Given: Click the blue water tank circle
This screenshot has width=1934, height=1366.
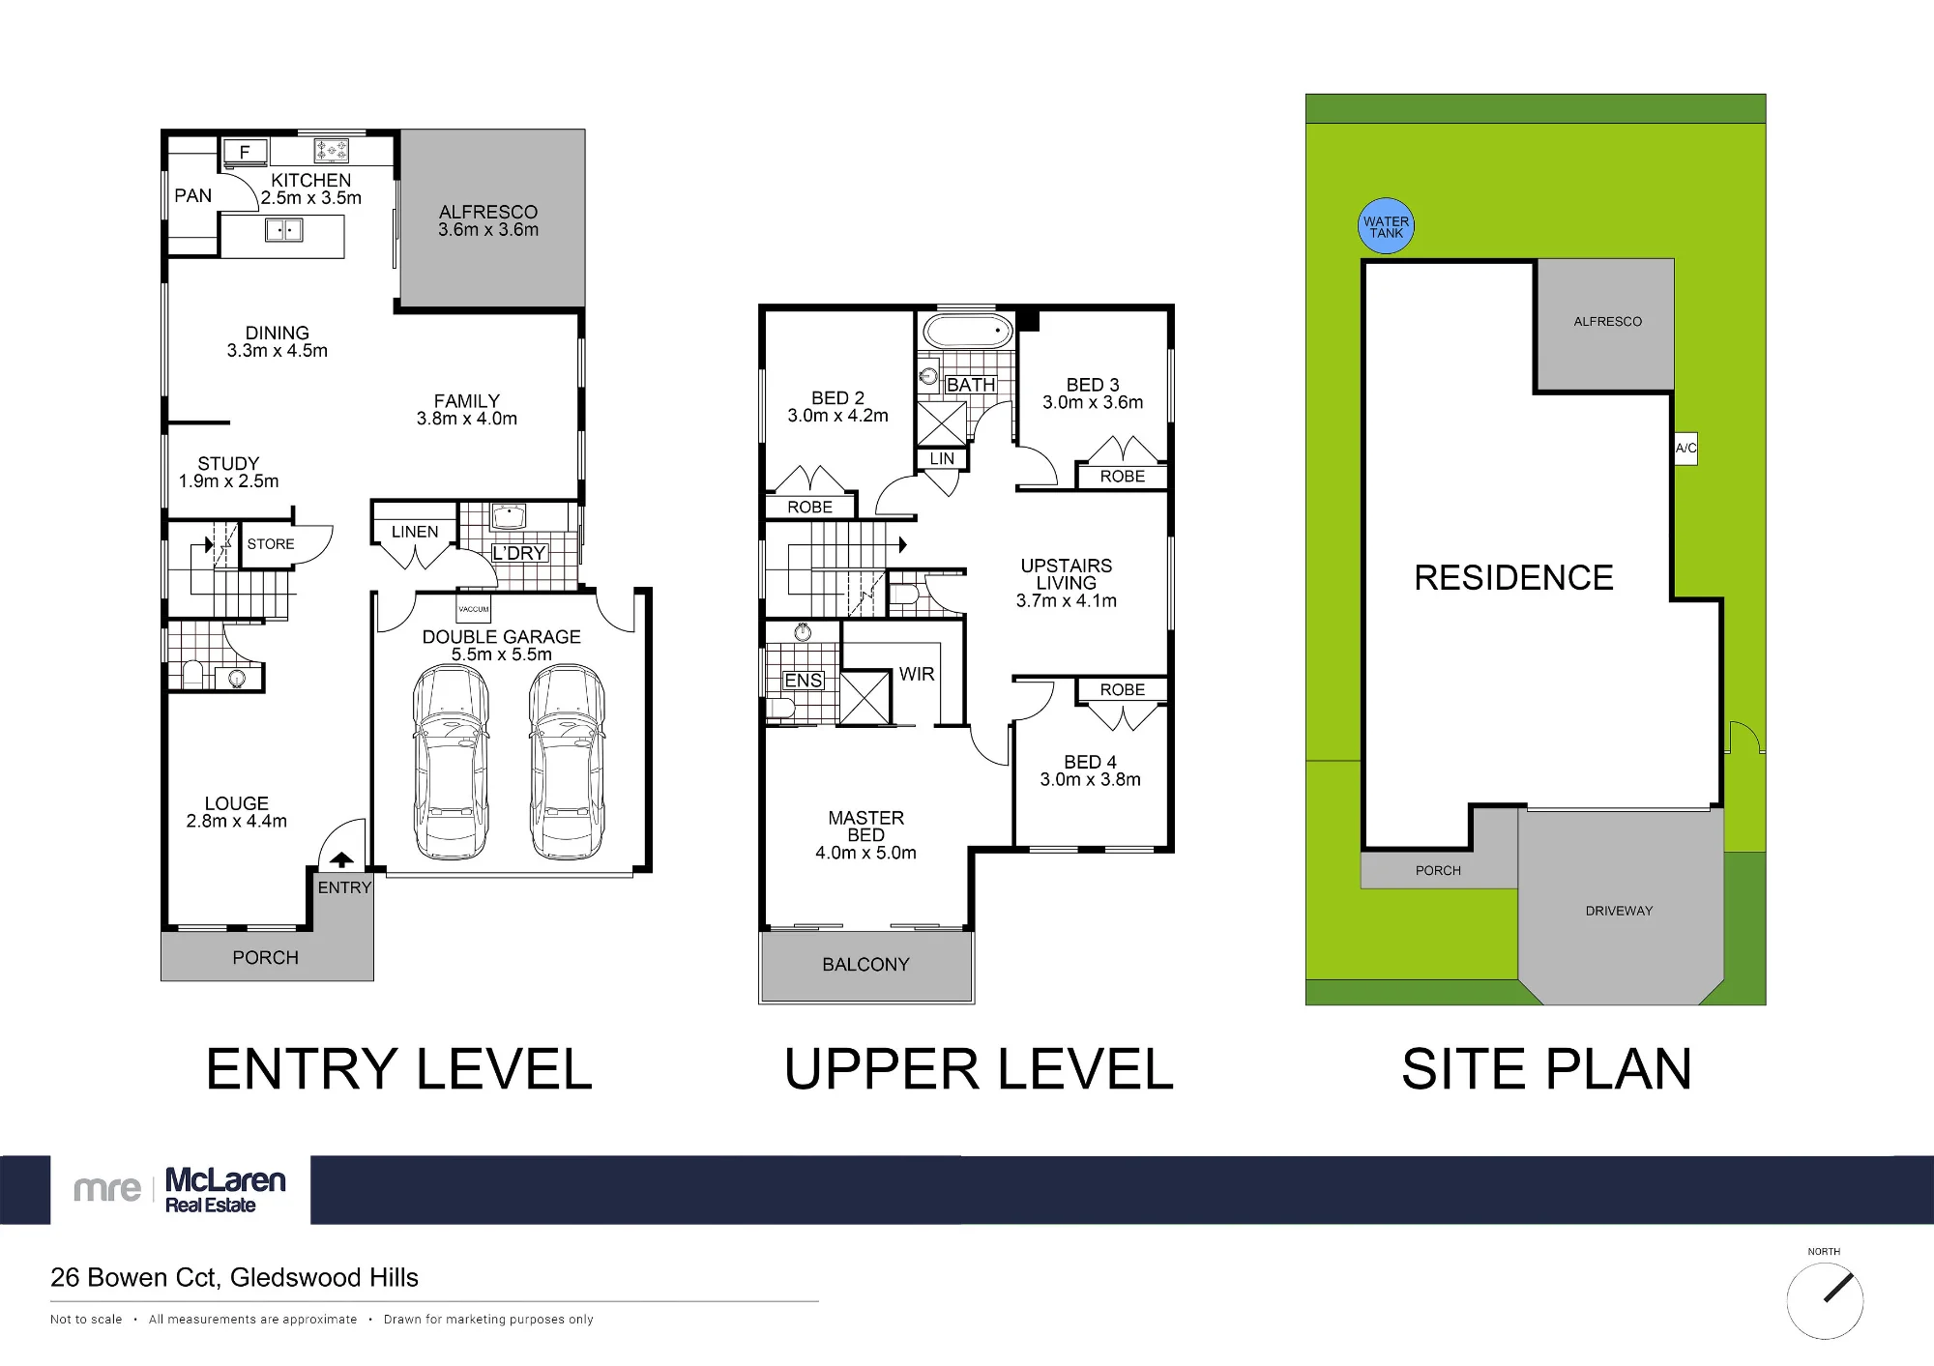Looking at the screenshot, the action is click(1386, 226).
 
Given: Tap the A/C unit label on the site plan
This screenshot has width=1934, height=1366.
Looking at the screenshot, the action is click(1685, 448).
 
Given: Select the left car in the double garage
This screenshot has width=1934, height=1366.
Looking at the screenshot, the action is click(450, 762).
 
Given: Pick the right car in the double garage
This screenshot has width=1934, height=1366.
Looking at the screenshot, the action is click(567, 762).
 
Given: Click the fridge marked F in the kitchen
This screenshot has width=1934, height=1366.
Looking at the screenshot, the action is click(245, 152).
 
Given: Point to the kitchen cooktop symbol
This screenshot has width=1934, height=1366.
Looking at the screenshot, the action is click(331, 151).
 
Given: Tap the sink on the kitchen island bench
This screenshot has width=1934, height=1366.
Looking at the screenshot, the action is click(284, 230).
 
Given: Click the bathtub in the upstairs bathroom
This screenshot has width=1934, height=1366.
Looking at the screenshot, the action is click(967, 331).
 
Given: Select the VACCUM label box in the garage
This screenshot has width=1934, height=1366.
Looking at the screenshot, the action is click(474, 609).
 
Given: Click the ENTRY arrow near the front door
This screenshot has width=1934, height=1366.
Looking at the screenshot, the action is click(341, 859).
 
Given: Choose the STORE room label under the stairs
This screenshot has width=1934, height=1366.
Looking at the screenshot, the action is click(271, 544).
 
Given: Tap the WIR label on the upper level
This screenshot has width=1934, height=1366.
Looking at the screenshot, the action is click(917, 674).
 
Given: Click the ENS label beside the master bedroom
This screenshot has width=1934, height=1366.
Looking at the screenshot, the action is click(804, 681).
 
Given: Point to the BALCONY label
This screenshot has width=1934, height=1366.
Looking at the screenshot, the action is click(865, 965).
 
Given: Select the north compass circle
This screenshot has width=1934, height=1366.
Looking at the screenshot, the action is click(1825, 1300).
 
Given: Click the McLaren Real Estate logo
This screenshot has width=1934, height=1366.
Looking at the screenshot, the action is click(180, 1190).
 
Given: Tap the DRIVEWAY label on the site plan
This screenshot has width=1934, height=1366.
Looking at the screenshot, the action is click(1619, 911).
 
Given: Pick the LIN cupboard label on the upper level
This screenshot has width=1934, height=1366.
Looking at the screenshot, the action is click(942, 459).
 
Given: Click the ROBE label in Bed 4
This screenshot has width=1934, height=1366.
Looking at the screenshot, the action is click(1122, 690).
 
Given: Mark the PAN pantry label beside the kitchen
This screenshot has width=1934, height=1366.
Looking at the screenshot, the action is click(192, 196).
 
